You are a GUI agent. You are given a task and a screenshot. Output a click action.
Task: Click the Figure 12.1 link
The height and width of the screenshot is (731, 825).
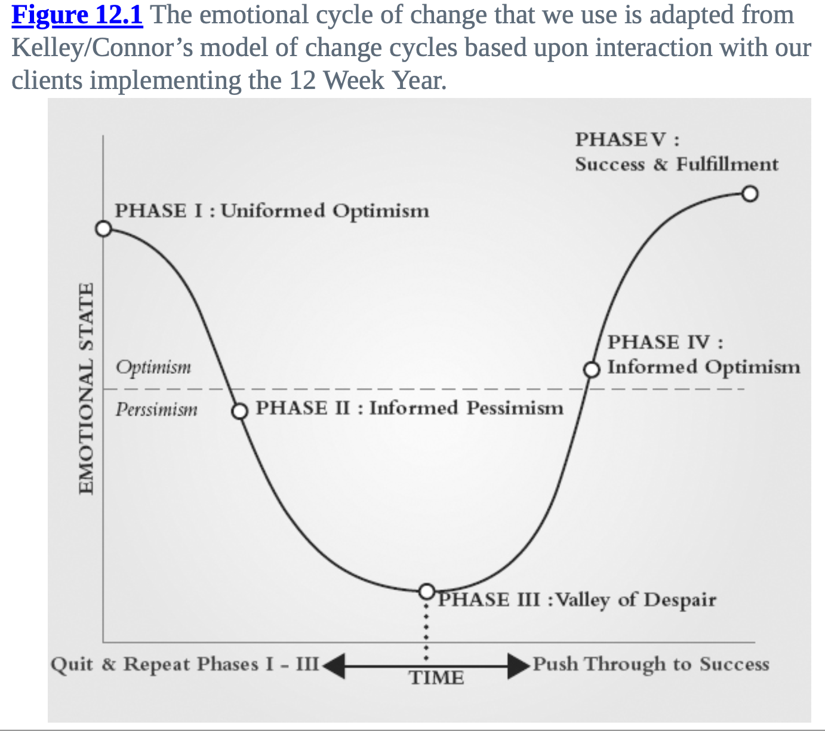pyautogui.click(x=78, y=16)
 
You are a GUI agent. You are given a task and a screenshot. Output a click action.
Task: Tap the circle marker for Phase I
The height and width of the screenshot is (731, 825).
pyautogui.click(x=103, y=229)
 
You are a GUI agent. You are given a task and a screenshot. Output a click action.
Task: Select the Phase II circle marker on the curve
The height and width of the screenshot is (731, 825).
pyautogui.click(x=240, y=411)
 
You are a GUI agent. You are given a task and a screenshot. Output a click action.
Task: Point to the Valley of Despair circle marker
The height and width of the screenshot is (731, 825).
pyautogui.click(x=427, y=591)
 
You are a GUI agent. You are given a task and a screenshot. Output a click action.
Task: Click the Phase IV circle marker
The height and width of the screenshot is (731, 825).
pyautogui.click(x=591, y=370)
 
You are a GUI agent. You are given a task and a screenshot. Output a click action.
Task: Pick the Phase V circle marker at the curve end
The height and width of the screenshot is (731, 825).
pyautogui.click(x=750, y=193)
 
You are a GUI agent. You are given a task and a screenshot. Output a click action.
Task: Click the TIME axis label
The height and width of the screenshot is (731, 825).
pyautogui.click(x=436, y=678)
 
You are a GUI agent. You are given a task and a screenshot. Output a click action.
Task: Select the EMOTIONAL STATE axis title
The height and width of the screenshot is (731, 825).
pyautogui.click(x=86, y=389)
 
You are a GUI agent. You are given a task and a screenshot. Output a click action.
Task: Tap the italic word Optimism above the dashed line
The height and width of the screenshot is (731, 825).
pyautogui.click(x=153, y=367)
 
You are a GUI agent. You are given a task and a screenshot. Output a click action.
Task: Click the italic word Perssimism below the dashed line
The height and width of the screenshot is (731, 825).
pyautogui.click(x=156, y=409)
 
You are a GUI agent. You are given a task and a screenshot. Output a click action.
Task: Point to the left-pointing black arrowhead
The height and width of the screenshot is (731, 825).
pyautogui.click(x=334, y=666)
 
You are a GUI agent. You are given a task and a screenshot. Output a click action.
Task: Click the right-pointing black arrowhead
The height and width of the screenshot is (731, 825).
pyautogui.click(x=519, y=666)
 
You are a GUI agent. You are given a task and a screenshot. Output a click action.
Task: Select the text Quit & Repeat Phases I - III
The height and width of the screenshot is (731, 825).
pyautogui.click(x=184, y=665)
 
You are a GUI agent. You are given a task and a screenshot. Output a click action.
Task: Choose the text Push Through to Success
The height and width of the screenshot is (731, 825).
pyautogui.click(x=651, y=664)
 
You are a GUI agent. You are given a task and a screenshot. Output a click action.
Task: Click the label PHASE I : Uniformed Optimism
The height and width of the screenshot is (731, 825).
pyautogui.click(x=272, y=211)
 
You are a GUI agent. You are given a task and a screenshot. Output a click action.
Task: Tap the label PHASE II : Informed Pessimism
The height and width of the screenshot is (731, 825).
pyautogui.click(x=410, y=408)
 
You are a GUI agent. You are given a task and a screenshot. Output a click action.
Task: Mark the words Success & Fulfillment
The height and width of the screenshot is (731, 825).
pyautogui.click(x=677, y=164)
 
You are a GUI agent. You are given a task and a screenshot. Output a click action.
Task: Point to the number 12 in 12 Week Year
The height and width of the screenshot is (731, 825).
pyautogui.click(x=303, y=80)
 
